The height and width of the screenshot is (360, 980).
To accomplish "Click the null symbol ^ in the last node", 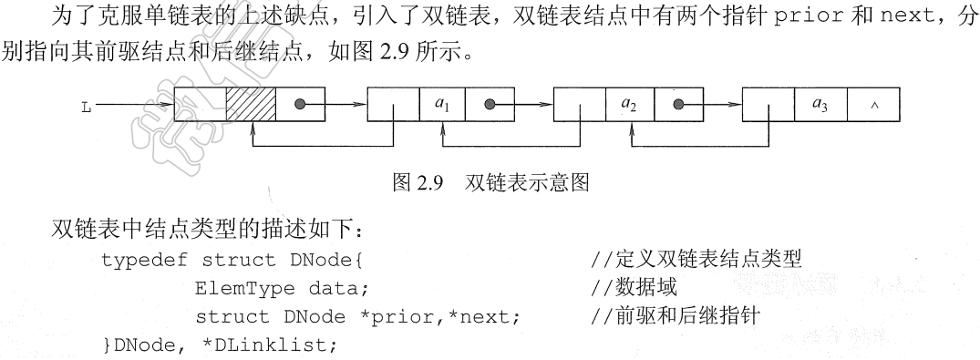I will [874, 106].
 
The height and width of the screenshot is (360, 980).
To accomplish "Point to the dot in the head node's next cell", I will [299, 105].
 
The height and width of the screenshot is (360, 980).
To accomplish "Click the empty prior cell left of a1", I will [393, 105].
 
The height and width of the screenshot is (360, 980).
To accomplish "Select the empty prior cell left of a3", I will [768, 105].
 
